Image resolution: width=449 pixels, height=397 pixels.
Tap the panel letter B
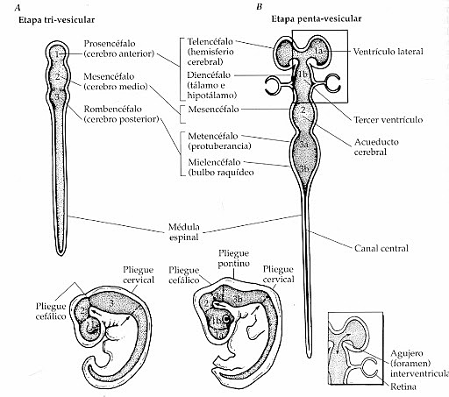(258, 7)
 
